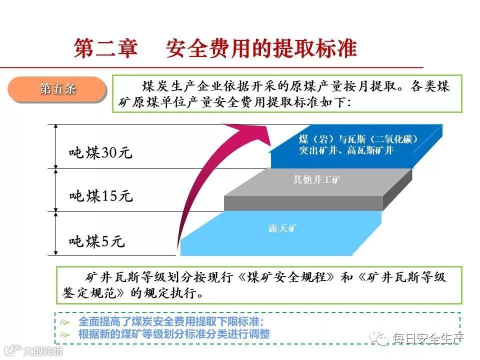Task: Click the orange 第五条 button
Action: click(x=57, y=89)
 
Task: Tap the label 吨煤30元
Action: click(x=100, y=152)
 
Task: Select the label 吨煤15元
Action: click(x=100, y=196)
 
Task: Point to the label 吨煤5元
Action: click(x=96, y=241)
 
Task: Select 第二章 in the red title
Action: click(x=105, y=48)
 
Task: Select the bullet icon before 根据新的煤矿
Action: click(x=64, y=334)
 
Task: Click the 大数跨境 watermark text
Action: click(x=44, y=350)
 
